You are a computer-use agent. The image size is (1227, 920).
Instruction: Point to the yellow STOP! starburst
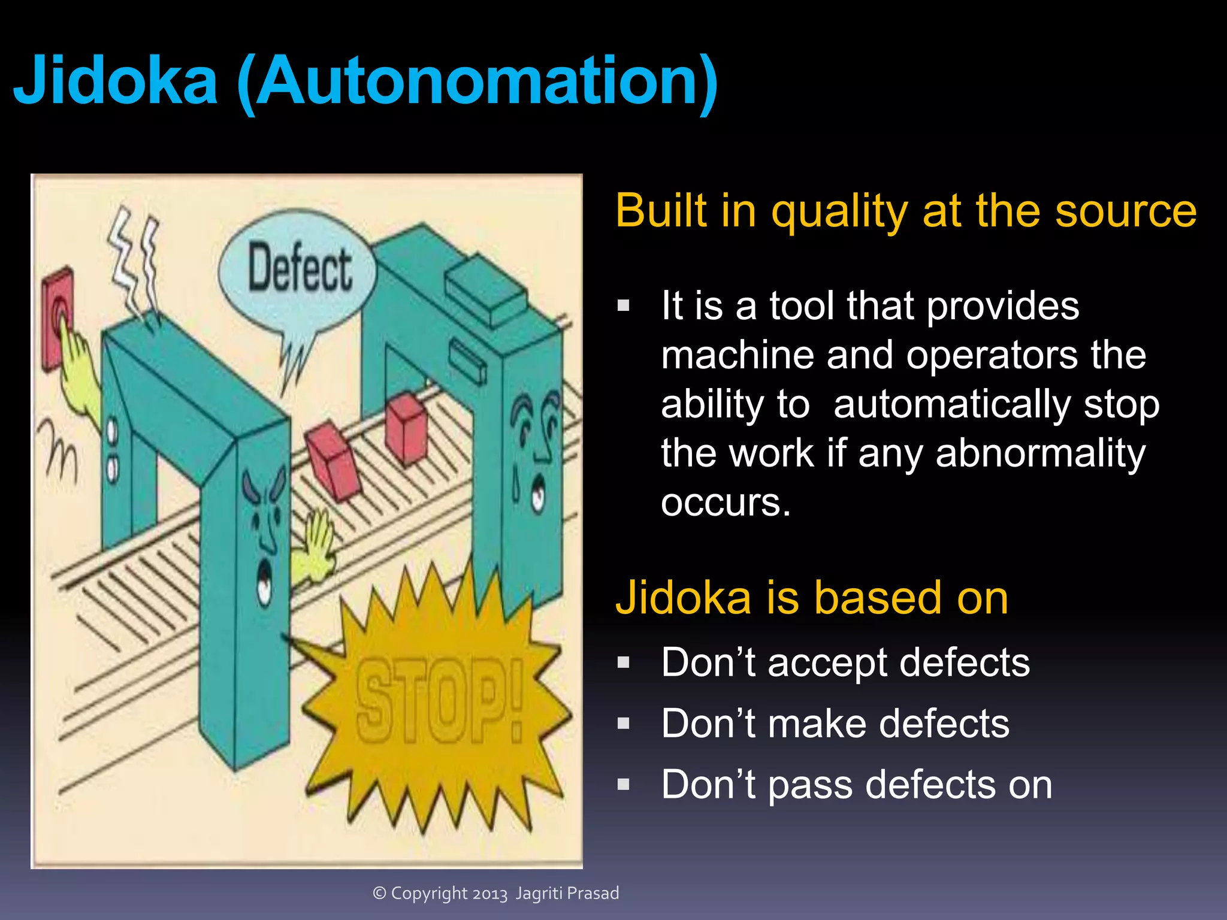click(437, 701)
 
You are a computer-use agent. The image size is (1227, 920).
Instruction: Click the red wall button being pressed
click(58, 317)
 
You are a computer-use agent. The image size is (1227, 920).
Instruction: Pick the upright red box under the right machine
click(406, 428)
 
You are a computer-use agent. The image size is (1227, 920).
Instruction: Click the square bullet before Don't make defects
click(624, 724)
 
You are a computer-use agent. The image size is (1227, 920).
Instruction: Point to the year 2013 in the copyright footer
click(490, 894)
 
